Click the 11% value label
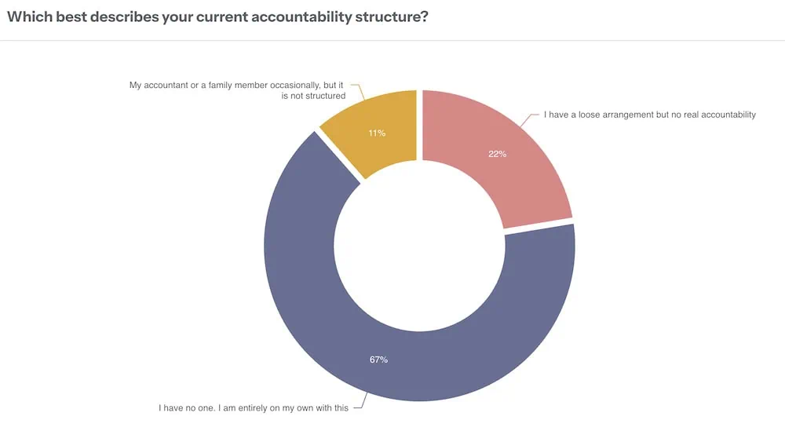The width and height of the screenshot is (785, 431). point(377,133)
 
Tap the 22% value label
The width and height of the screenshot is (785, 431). point(498,154)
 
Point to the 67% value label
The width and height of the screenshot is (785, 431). point(378,360)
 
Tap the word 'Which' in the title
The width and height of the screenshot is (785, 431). point(30,16)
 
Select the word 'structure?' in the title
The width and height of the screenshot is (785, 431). point(392,16)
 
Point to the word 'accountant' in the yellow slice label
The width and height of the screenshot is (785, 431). point(166,85)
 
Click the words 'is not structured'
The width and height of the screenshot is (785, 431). point(313,96)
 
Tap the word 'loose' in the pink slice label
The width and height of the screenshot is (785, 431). point(590,115)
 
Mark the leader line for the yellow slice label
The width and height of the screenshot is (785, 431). point(359,91)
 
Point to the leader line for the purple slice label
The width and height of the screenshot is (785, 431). point(361,401)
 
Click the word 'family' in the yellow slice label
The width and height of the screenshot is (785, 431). point(220,85)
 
